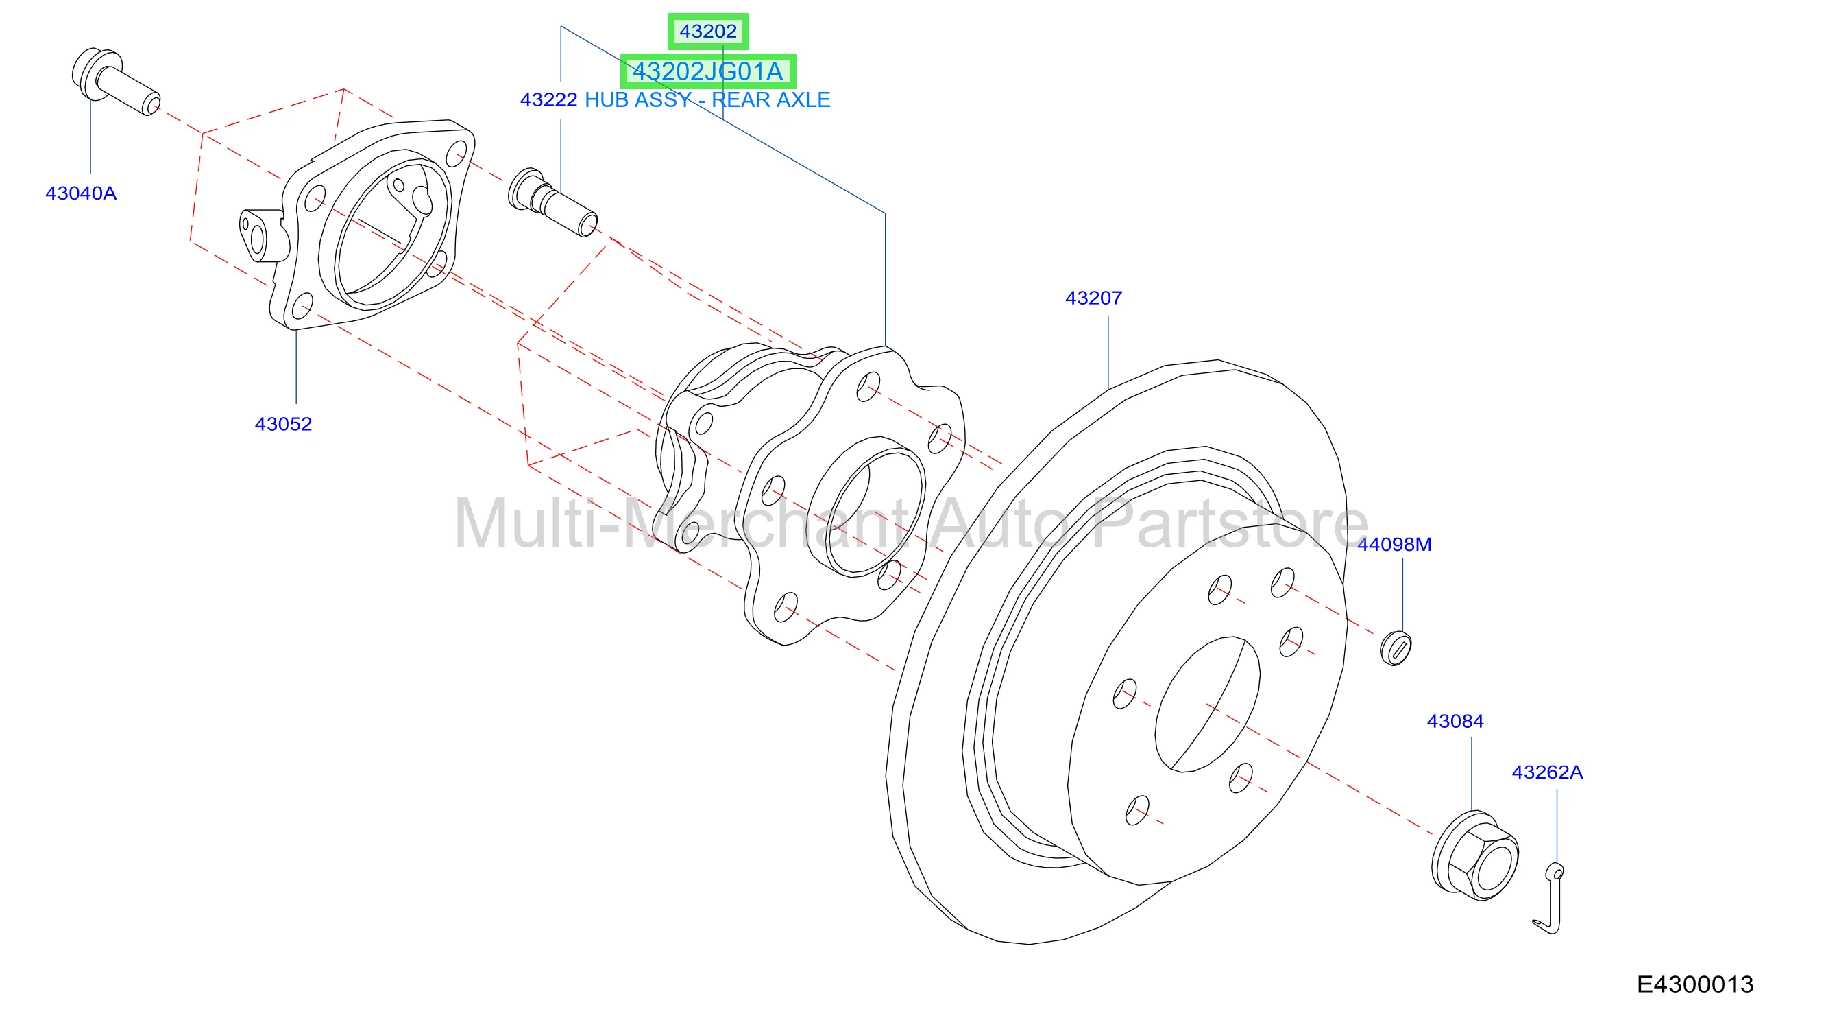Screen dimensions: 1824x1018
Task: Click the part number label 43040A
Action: (81, 193)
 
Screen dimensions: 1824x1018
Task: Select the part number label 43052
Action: (283, 424)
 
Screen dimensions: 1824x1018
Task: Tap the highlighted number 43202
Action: (708, 31)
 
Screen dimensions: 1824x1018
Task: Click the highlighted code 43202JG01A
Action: (708, 71)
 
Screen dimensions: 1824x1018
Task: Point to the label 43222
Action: (549, 100)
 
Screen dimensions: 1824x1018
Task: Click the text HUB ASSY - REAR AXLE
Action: (707, 100)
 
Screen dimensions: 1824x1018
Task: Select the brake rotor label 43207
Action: (1093, 298)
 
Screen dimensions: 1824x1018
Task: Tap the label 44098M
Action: (1394, 544)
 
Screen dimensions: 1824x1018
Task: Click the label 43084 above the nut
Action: (1455, 721)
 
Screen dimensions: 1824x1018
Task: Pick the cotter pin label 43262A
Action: (1547, 772)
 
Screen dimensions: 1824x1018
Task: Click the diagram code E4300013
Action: (1695, 984)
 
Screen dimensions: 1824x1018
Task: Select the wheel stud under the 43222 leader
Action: (553, 202)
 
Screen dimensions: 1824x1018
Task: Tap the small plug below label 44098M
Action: (1396, 648)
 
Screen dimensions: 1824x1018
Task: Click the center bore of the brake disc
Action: (1207, 705)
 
